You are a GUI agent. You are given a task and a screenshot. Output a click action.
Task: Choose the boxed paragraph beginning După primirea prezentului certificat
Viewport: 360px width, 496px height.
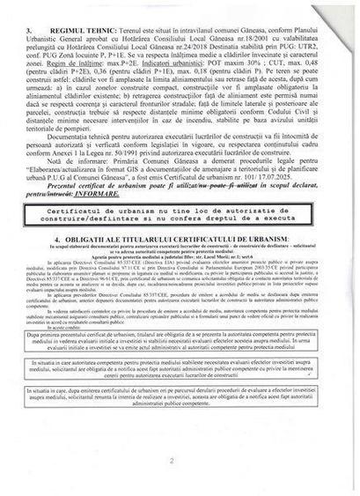pyautogui.click(x=180, y=366)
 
